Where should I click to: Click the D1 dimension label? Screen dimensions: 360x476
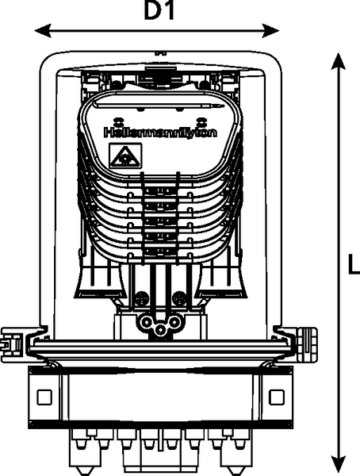(x=159, y=11)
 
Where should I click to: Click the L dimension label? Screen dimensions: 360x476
(x=354, y=264)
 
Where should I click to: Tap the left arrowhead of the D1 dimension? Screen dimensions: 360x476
(x=43, y=31)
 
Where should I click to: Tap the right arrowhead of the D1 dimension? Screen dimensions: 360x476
(x=271, y=31)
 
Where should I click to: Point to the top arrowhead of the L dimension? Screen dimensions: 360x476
(x=338, y=62)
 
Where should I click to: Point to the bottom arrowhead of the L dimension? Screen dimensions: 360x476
(x=338, y=465)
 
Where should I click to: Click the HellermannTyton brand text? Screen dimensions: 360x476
(x=161, y=132)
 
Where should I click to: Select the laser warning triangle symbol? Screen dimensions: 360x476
(x=125, y=155)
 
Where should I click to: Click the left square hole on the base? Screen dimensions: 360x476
(x=44, y=397)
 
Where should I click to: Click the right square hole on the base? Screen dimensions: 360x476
(x=277, y=397)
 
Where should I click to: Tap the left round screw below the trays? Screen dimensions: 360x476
(x=142, y=298)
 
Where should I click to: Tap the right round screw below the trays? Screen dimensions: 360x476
(x=179, y=298)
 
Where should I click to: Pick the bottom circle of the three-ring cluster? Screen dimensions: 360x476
(x=160, y=330)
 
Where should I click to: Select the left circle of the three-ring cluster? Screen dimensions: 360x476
(x=147, y=321)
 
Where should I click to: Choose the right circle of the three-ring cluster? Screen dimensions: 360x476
(x=174, y=321)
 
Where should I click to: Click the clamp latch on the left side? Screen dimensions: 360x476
(x=12, y=344)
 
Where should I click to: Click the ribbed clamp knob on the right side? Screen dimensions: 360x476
(x=307, y=344)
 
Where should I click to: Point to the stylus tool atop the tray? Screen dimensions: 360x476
(x=159, y=106)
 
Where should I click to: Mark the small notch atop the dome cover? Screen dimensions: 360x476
(x=161, y=53)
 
